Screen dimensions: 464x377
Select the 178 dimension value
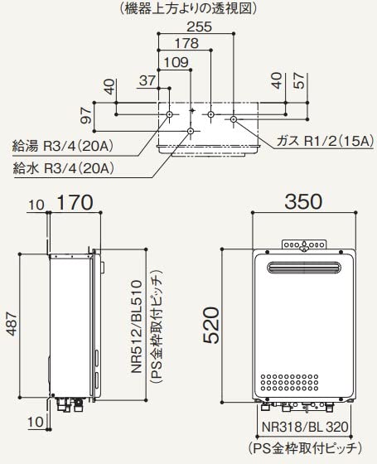point(186,44)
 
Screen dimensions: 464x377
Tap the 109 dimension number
point(176,60)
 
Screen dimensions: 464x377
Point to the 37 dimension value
point(148,80)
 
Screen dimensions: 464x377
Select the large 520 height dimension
point(212,326)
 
